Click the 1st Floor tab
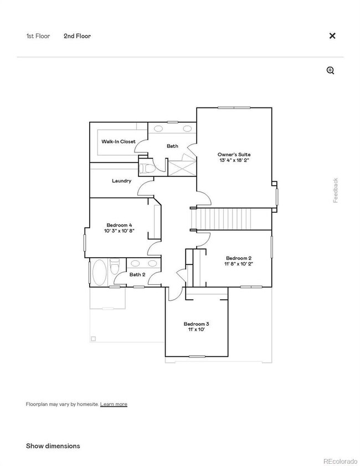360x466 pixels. pyautogui.click(x=38, y=36)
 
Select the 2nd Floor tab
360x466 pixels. pyautogui.click(x=77, y=36)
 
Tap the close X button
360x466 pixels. pyautogui.click(x=332, y=36)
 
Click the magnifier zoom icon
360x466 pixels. pyautogui.click(x=331, y=70)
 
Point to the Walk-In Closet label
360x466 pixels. pyautogui.click(x=118, y=142)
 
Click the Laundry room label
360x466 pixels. pyautogui.click(x=121, y=181)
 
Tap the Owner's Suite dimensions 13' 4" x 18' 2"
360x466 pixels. pyautogui.click(x=233, y=160)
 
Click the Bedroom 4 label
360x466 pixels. pyautogui.click(x=119, y=224)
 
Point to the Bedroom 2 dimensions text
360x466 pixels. pyautogui.click(x=239, y=264)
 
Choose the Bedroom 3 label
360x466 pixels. pyautogui.click(x=197, y=324)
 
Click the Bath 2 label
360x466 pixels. pyautogui.click(x=137, y=274)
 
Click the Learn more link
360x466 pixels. pyautogui.click(x=114, y=404)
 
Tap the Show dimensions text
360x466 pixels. pyautogui.click(x=53, y=446)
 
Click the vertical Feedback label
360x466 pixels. pyautogui.click(x=336, y=190)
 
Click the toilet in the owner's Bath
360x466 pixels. pyautogui.click(x=146, y=167)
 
